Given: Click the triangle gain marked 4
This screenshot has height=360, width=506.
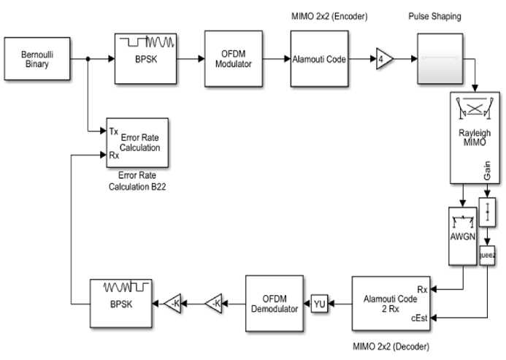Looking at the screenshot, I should (x=383, y=60).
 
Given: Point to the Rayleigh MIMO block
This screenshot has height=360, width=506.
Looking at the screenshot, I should (x=474, y=137).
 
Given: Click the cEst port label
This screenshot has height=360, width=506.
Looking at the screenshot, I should (x=419, y=317).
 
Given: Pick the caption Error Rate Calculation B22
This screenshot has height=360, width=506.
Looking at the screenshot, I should (x=139, y=181).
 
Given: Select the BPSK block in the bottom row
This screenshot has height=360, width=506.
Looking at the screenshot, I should (x=120, y=302).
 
